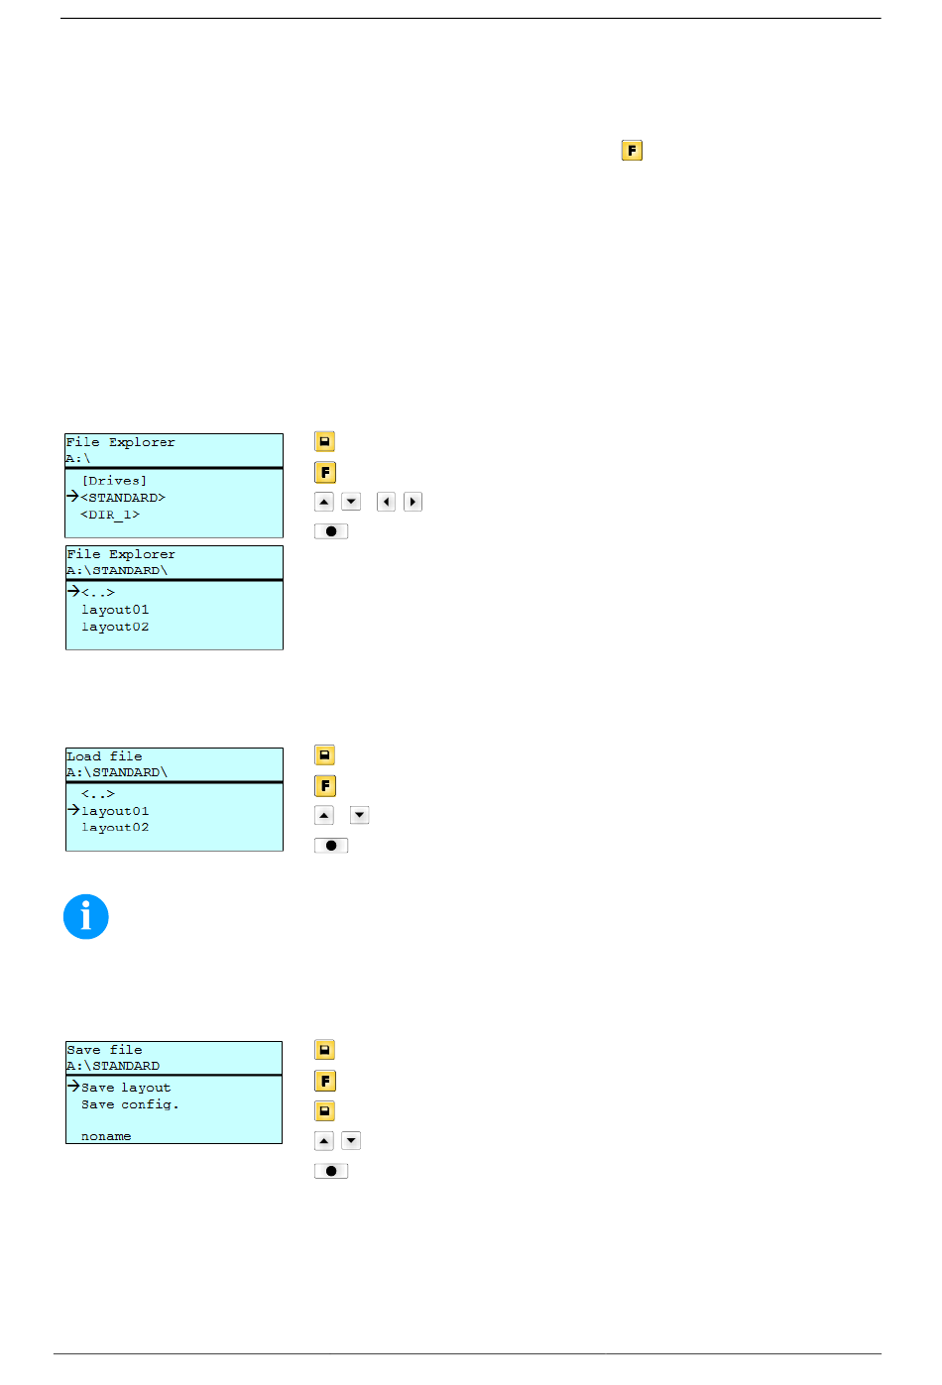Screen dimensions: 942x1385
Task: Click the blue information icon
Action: tap(86, 916)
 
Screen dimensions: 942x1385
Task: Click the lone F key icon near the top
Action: tap(632, 151)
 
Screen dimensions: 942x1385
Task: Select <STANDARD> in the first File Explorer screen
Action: tap(123, 498)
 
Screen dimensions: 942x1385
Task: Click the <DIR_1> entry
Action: tap(110, 515)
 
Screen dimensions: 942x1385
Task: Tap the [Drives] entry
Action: tap(114, 481)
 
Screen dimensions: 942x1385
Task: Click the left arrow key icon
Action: tap(386, 502)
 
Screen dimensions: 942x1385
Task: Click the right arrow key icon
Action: tap(412, 502)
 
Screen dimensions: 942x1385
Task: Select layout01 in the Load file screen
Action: tap(115, 811)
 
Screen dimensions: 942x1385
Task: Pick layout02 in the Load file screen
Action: tap(115, 827)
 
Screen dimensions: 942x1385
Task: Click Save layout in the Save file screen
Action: tap(126, 1088)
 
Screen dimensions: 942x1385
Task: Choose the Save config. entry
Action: tap(130, 1104)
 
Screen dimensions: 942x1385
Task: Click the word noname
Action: tap(106, 1136)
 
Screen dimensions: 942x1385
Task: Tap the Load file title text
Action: tap(104, 756)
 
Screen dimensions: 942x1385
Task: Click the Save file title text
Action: tap(104, 1050)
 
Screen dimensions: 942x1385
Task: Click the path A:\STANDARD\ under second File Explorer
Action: tap(117, 570)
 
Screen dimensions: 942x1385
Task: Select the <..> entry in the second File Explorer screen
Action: tap(98, 592)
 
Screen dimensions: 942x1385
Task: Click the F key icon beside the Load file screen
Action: tap(325, 786)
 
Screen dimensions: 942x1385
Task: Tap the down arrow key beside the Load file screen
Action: tap(359, 815)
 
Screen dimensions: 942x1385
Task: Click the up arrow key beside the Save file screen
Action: tap(324, 1141)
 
